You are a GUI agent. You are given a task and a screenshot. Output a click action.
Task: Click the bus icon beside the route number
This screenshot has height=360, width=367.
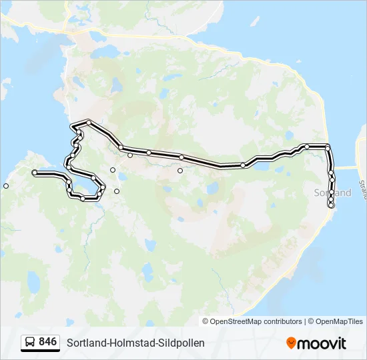point(31,342)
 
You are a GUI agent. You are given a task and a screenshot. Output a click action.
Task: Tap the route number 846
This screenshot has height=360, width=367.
point(48,342)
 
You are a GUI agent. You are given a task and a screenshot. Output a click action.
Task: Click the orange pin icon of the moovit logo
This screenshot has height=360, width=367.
point(291,343)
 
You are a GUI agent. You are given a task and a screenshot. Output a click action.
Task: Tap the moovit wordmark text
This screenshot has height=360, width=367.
point(322,343)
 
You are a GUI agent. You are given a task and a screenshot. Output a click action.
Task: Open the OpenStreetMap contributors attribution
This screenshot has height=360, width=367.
point(256,321)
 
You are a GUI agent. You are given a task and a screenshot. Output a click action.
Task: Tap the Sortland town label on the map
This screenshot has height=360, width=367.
point(332,193)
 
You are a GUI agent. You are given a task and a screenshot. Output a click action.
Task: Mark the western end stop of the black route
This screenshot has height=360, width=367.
point(35,173)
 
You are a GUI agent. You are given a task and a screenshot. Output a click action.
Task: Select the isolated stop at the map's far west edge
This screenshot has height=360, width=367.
point(6,186)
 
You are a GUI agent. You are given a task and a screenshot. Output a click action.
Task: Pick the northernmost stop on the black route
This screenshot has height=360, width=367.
point(88,122)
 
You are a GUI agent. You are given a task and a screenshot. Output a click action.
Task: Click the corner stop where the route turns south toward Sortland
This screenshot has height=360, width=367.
point(328,147)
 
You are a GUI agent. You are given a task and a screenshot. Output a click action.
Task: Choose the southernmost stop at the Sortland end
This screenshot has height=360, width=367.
point(331,205)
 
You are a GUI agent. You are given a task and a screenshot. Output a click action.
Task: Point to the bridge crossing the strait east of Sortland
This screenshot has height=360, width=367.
point(346,168)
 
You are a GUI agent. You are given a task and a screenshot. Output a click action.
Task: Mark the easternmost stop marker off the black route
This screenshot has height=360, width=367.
point(179,171)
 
